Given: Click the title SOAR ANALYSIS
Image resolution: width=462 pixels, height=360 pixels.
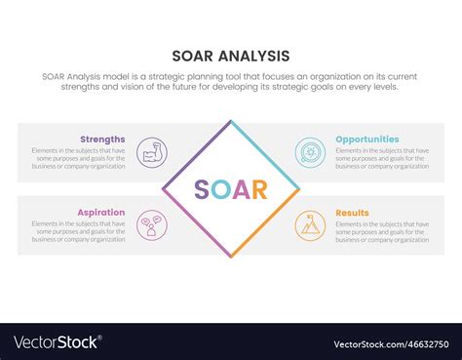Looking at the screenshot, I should (x=230, y=56).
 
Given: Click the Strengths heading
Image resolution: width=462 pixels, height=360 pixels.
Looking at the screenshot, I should (x=103, y=139).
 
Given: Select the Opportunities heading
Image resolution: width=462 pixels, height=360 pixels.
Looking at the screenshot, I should (x=367, y=139).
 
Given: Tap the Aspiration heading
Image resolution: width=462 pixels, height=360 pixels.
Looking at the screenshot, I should (x=101, y=212).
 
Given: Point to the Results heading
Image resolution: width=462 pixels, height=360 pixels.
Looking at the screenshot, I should (x=353, y=212).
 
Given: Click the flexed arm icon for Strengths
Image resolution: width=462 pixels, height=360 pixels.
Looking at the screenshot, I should (x=152, y=152).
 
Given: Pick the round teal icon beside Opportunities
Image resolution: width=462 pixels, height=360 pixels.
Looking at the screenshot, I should (x=310, y=152).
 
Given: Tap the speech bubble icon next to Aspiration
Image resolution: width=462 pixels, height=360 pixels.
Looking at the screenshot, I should (x=152, y=225).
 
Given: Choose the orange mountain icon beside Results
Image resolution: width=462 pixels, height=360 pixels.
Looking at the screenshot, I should (x=310, y=225).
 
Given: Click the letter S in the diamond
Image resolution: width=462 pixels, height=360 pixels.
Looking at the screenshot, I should (x=202, y=189).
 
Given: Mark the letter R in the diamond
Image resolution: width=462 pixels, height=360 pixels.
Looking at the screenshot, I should (x=259, y=189).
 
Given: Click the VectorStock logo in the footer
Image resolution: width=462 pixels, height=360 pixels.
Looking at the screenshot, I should (x=57, y=342).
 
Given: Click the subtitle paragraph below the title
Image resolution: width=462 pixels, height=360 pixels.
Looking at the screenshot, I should (x=230, y=82).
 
